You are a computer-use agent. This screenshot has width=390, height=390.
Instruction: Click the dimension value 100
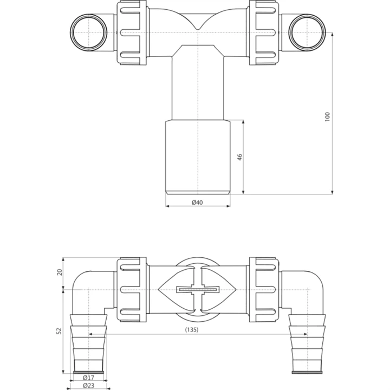[x=327, y=116]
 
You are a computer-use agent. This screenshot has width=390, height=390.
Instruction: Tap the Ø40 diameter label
[x=197, y=202]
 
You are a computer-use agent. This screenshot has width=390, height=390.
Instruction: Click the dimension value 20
[x=60, y=272]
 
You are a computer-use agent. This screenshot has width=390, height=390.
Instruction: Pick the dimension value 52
[x=60, y=330]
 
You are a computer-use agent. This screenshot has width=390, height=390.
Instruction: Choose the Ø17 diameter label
[x=88, y=378]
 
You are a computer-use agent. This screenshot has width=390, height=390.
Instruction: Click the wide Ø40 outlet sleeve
[x=198, y=157]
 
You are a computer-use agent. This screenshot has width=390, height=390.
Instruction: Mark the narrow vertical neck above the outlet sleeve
[x=198, y=87]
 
